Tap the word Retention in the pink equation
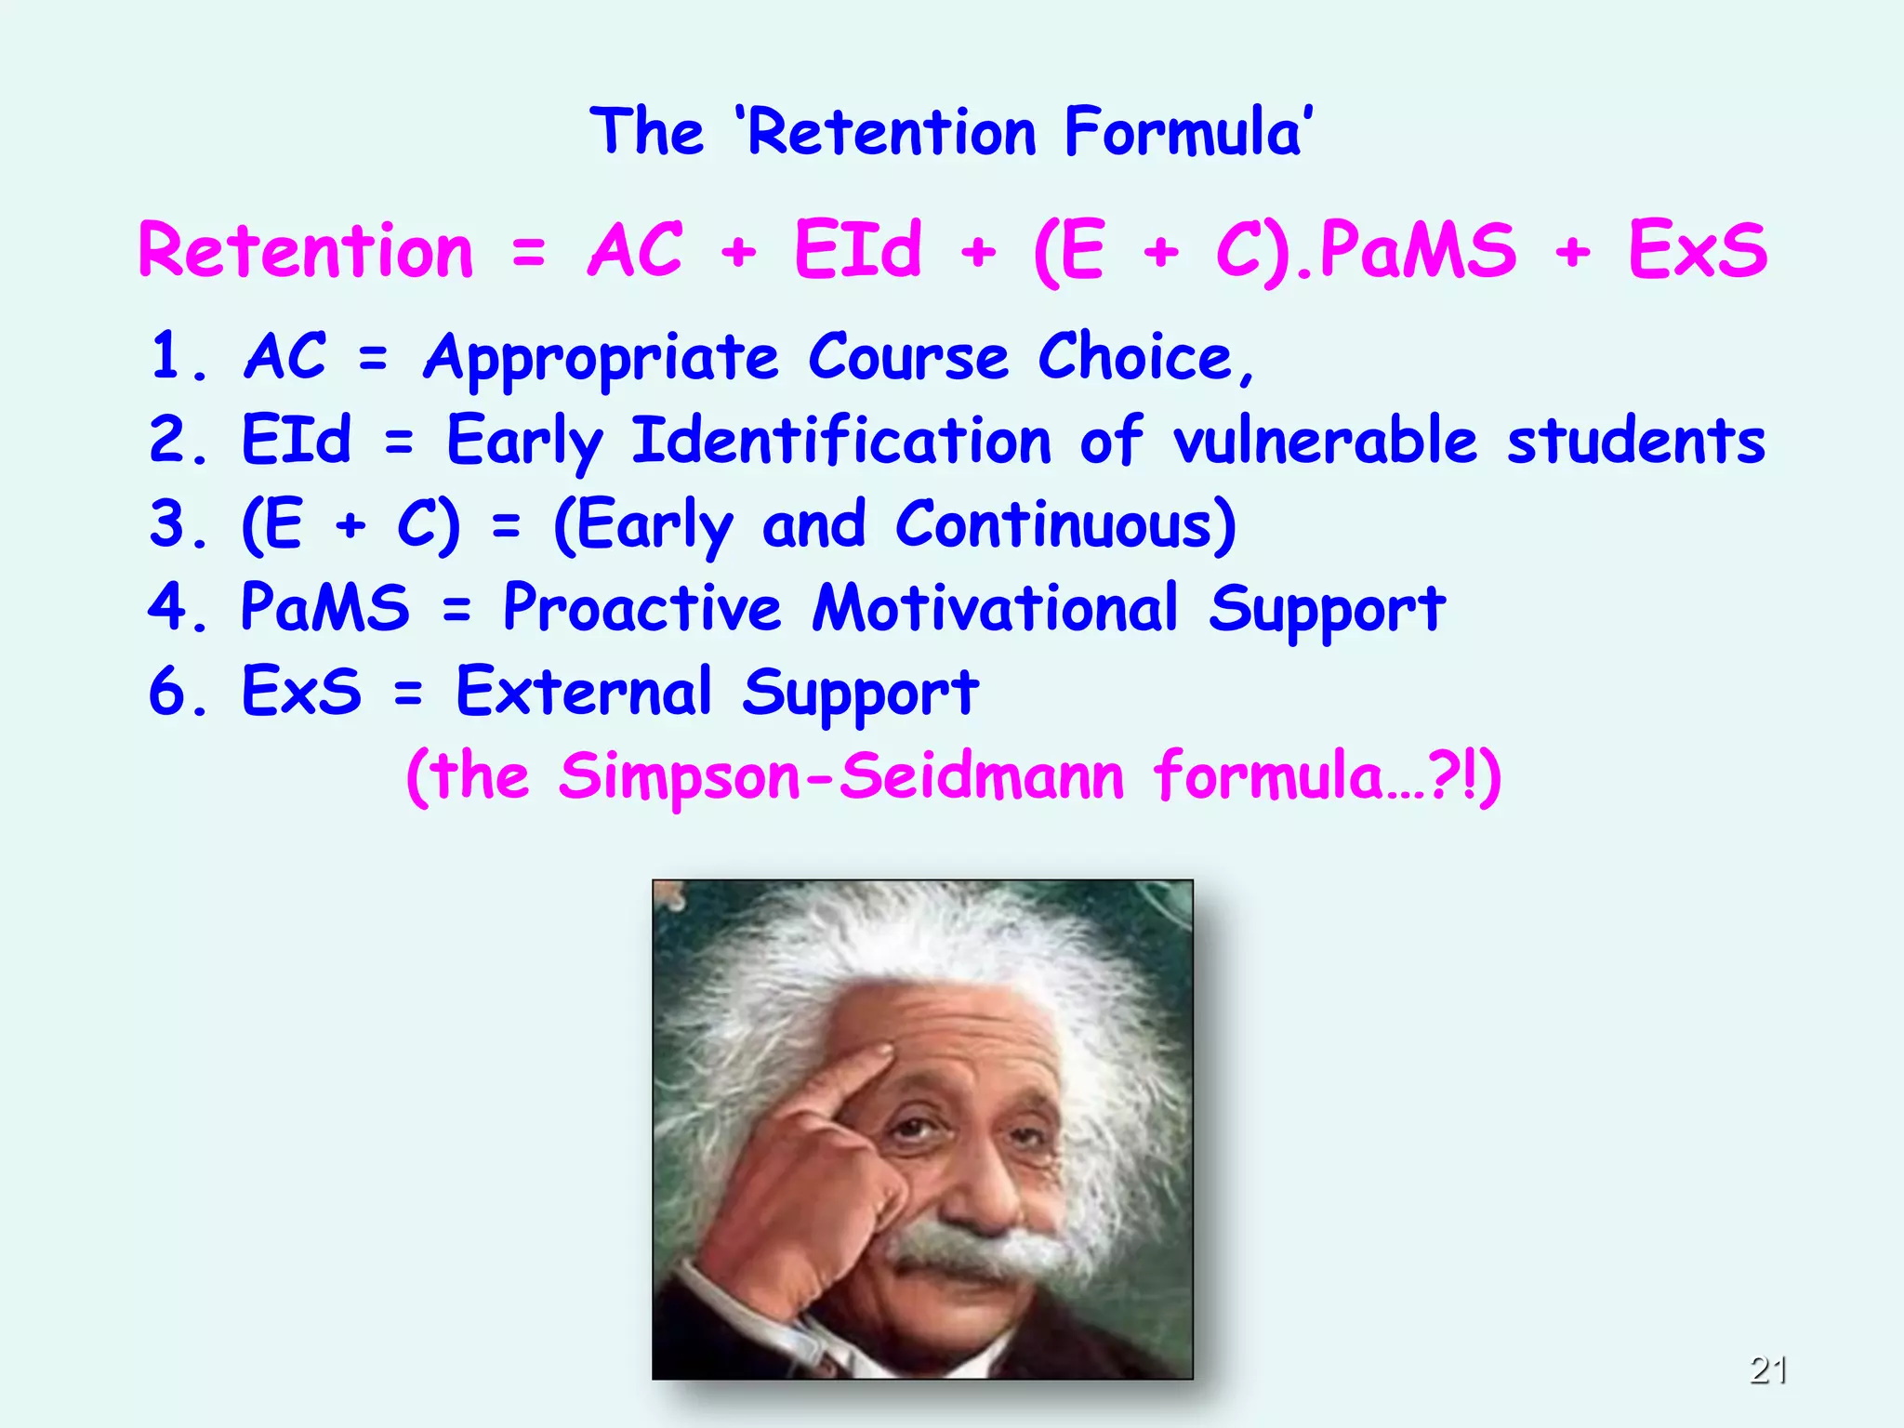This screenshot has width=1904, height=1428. point(307,251)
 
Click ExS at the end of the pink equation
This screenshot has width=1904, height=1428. point(1697,251)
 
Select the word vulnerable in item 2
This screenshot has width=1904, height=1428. point(1324,440)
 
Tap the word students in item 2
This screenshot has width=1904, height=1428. point(1635,440)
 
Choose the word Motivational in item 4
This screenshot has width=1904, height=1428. point(995,607)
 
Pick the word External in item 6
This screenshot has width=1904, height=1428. point(584,691)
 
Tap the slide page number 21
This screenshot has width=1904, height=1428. point(1767,1369)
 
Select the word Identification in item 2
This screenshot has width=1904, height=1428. point(841,440)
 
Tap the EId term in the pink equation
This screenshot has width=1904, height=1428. point(857,251)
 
